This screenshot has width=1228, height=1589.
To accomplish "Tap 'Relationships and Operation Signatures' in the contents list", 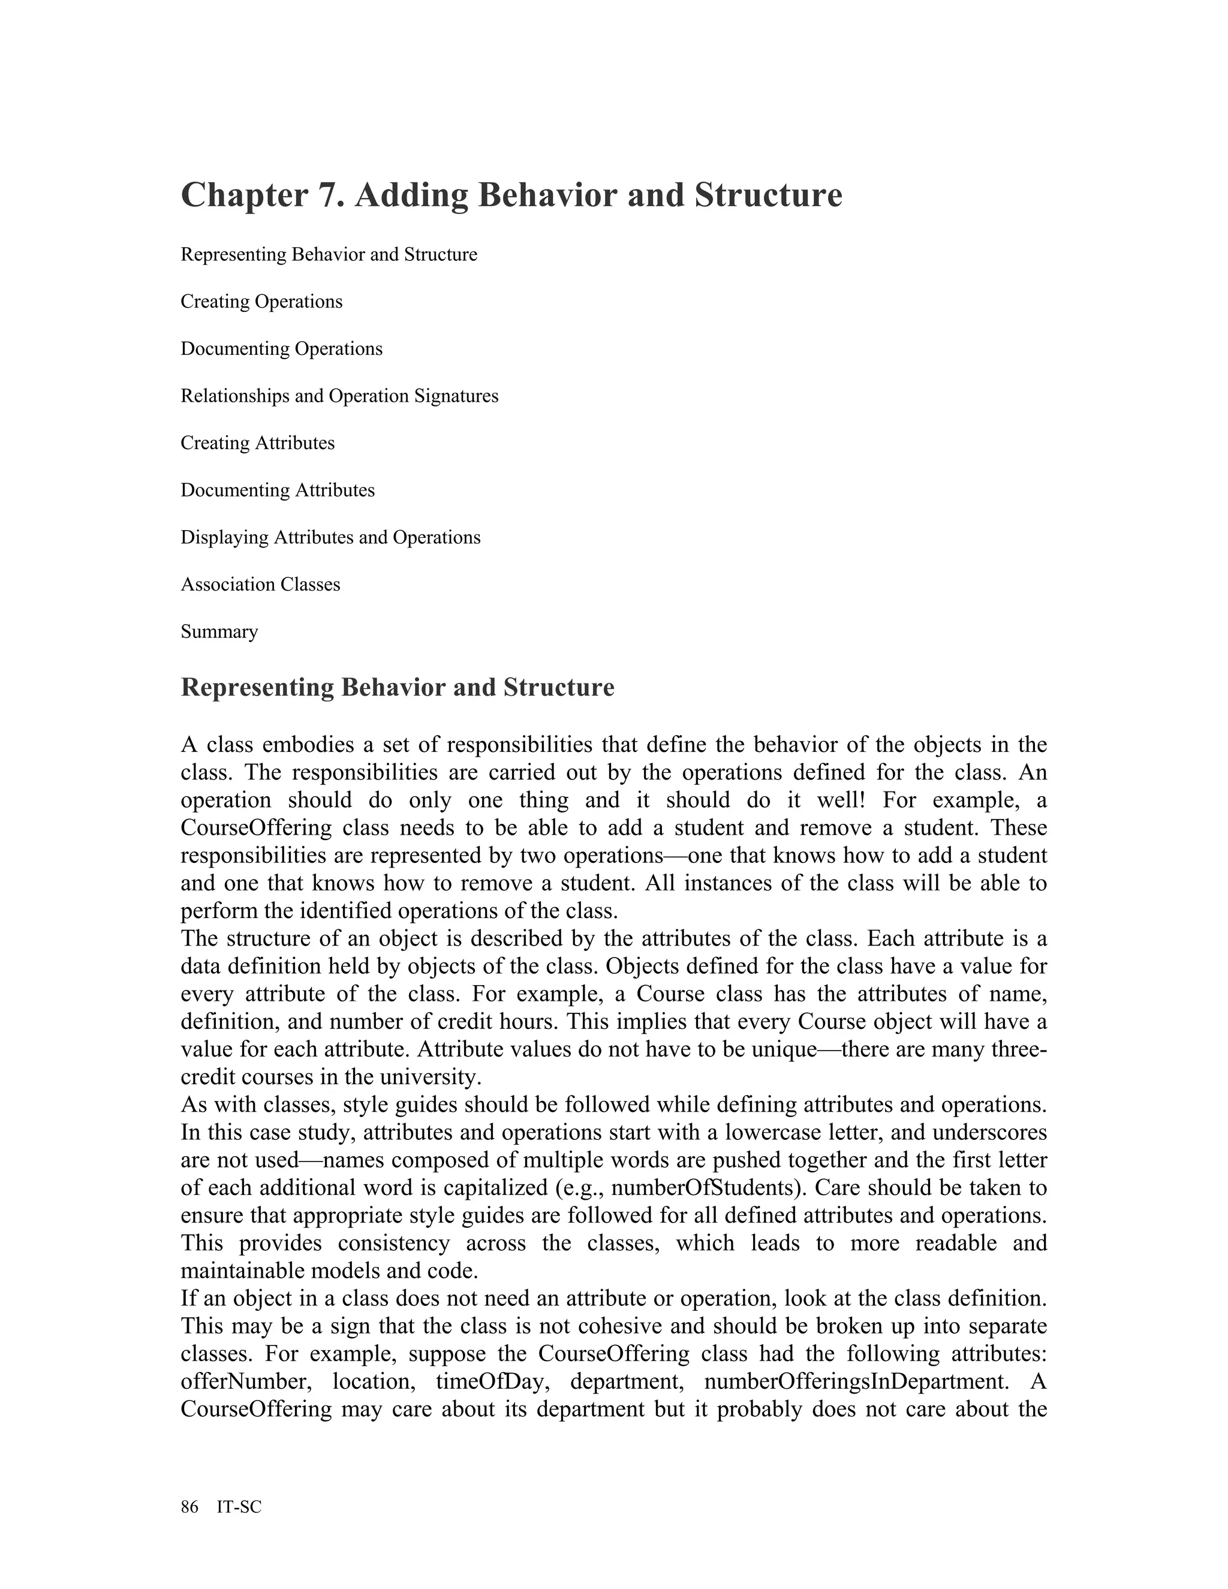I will tap(339, 396).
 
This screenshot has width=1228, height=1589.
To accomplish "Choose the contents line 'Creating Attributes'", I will tap(257, 443).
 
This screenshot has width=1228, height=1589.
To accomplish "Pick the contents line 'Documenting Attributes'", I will tap(277, 490).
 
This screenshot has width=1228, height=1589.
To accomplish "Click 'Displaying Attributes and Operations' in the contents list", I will tap(330, 538).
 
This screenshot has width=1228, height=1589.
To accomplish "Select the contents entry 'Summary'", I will tap(219, 631).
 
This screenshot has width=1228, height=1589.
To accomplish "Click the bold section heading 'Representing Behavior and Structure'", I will tap(397, 688).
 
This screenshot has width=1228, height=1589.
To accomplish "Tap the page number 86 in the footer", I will tap(189, 1507).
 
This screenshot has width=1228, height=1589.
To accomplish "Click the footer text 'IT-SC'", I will tap(239, 1507).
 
